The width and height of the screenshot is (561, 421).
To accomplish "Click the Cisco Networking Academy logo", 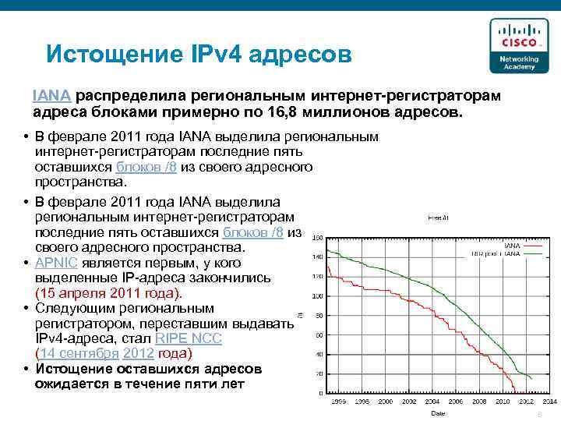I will coord(512,46).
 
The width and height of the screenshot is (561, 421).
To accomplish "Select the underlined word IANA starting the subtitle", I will coord(53,95).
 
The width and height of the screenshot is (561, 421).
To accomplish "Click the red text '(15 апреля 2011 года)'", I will coord(108,292).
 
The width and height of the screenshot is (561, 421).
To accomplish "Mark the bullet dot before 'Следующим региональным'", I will coord(26,308).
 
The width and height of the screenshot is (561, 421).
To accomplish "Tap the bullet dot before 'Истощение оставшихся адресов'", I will coord(26,368).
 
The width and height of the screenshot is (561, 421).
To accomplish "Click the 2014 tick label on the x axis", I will coord(549,402).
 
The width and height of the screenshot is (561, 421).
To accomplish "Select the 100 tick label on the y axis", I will coord(317,296).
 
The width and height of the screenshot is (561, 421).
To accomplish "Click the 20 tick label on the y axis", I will coord(319,373).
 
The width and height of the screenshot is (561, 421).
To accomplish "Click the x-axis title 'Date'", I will coord(439,412).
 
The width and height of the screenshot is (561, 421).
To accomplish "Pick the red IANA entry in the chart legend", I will coord(514,246).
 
